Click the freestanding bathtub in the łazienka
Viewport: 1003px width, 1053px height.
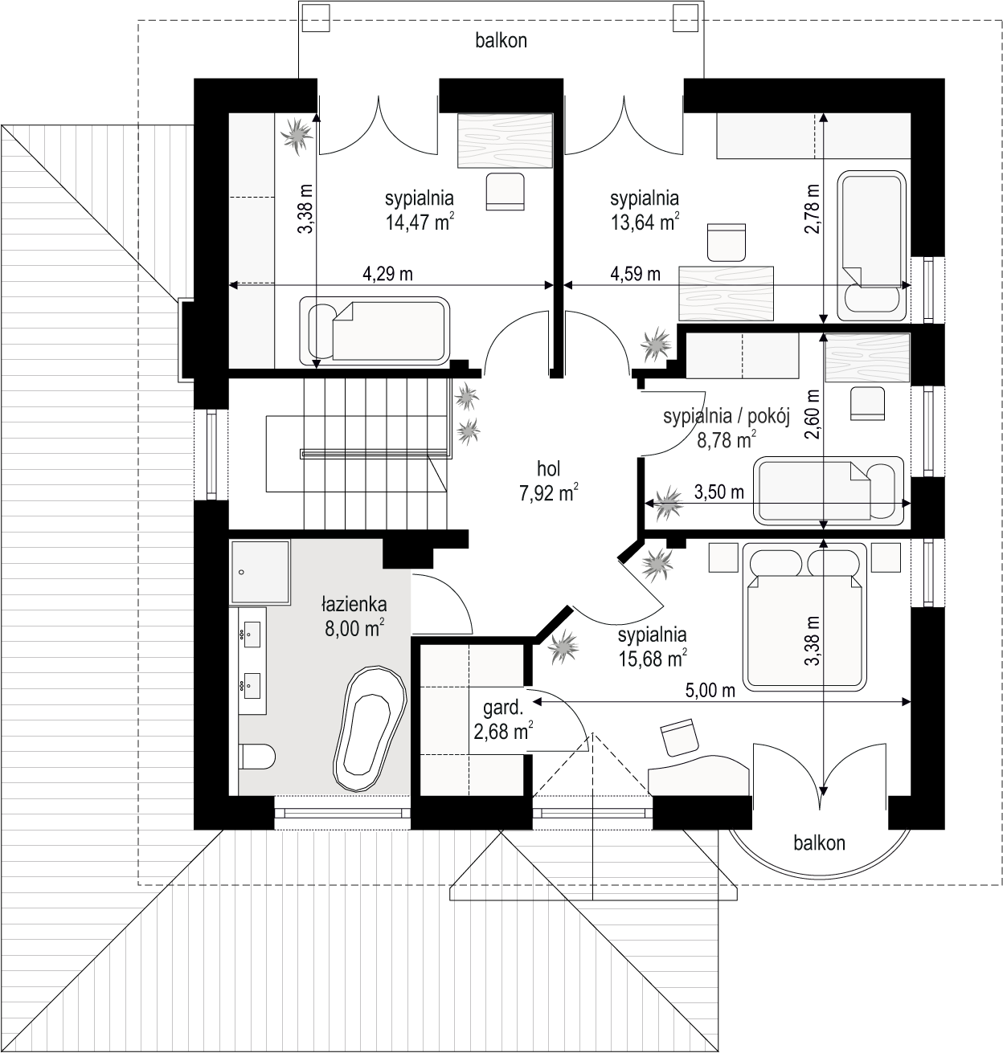(x=370, y=729)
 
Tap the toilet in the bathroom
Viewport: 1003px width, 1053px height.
(x=257, y=757)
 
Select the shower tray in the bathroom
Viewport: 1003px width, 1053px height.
(x=260, y=573)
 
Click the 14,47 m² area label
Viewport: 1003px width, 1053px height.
(x=420, y=221)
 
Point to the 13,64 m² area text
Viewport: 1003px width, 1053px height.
(x=645, y=221)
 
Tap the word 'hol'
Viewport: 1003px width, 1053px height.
(x=548, y=469)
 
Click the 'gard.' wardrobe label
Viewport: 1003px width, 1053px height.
(x=503, y=708)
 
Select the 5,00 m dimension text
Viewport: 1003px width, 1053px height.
(x=710, y=691)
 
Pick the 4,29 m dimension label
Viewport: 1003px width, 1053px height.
(x=387, y=274)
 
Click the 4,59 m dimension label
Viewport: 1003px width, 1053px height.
(x=635, y=274)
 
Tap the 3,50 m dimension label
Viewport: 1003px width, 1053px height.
(x=718, y=491)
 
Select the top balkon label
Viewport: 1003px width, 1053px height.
(x=501, y=41)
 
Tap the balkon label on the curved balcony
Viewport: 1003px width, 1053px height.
(x=819, y=843)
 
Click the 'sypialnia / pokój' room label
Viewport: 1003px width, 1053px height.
(x=727, y=417)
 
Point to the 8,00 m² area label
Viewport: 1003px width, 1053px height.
(x=355, y=628)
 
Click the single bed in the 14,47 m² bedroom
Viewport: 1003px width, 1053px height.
(x=375, y=331)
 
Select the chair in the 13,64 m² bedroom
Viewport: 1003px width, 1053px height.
(x=727, y=242)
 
